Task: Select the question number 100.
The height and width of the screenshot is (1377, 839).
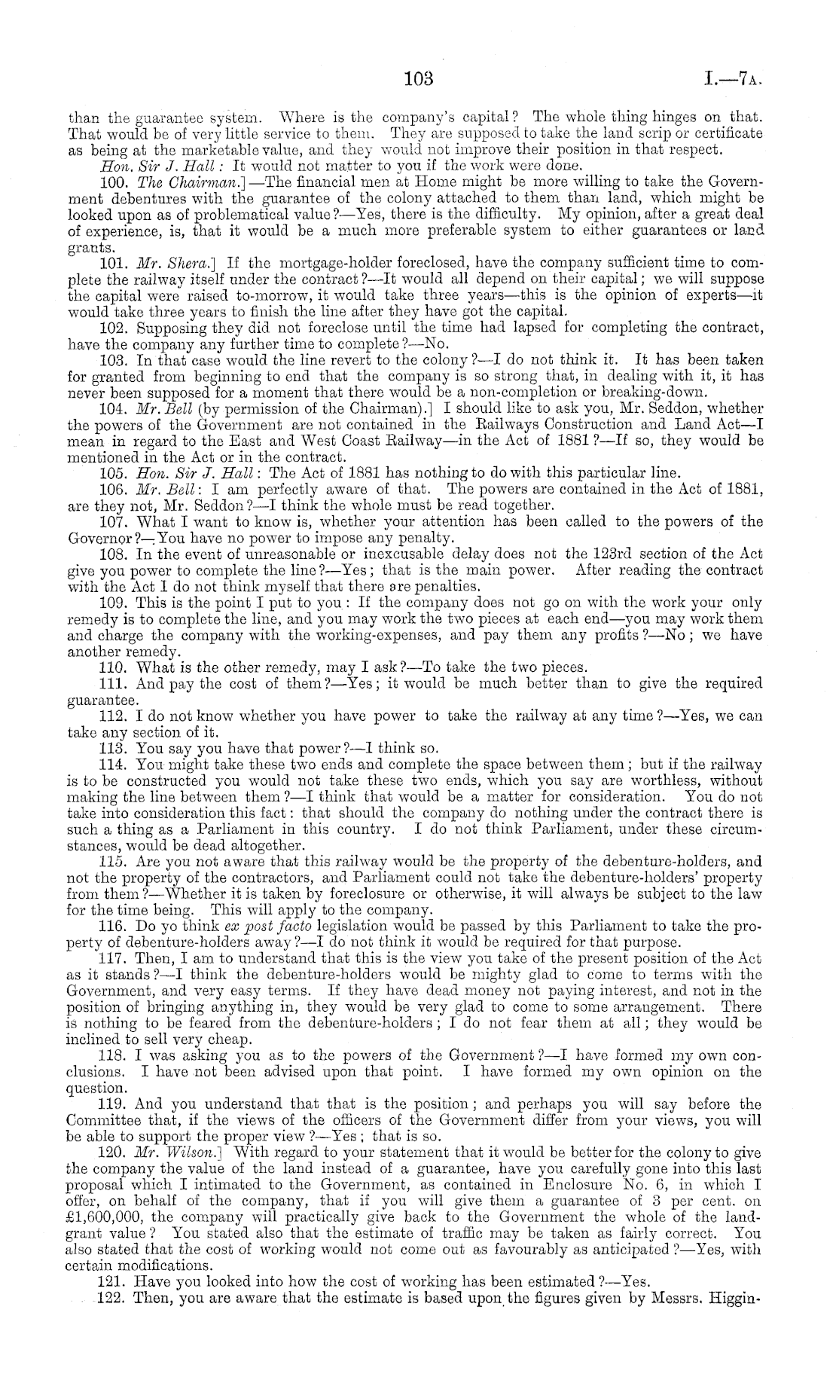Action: coord(112,182)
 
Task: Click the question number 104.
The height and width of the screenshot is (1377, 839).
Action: coord(112,409)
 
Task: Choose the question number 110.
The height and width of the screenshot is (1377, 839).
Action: coord(112,667)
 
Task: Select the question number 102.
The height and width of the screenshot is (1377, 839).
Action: coord(112,328)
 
